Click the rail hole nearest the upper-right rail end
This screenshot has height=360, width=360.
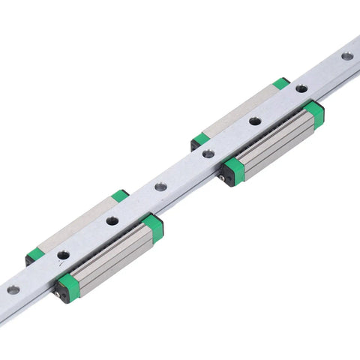347,56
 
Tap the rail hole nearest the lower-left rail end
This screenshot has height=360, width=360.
13,289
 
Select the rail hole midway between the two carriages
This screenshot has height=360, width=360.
160,186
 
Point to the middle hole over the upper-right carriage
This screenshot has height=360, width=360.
255,120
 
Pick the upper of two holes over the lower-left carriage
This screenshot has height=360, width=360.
112,220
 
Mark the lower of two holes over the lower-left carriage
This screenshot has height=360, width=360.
64,255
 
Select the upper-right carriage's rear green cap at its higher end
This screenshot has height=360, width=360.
281,82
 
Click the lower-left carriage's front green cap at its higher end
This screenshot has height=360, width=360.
154,226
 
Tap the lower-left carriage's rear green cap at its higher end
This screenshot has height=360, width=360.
120,196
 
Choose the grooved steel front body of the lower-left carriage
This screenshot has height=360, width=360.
112,258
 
